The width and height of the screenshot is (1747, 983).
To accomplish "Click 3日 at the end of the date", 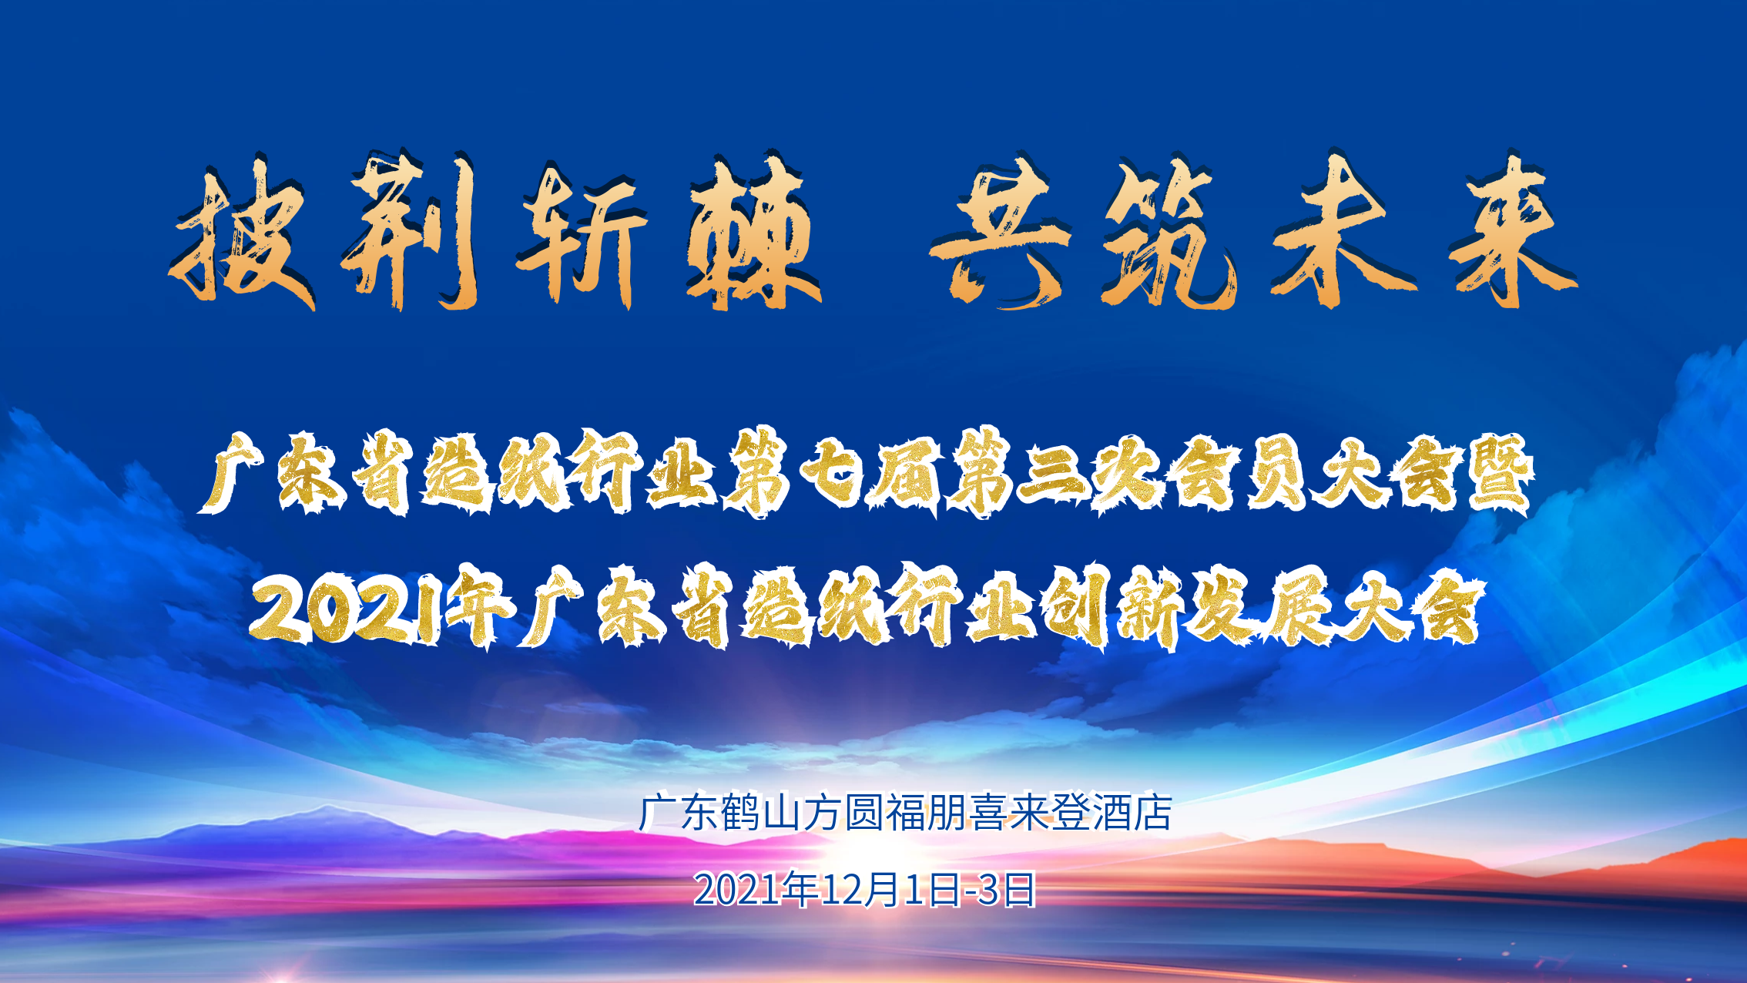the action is tap(1006, 890).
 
